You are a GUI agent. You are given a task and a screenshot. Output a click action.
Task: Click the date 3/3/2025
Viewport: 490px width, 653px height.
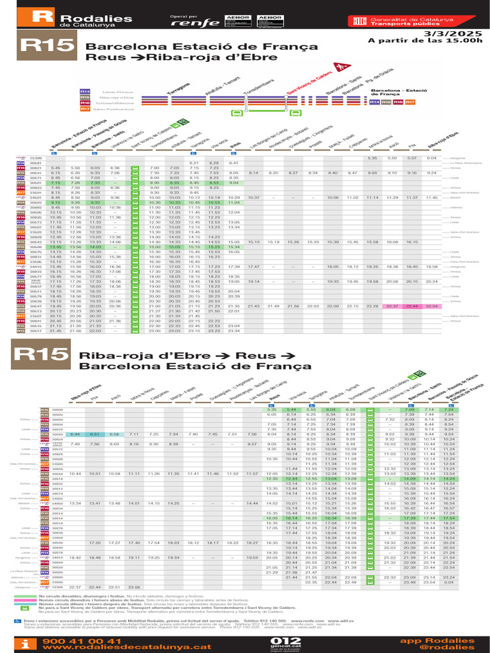tap(456, 33)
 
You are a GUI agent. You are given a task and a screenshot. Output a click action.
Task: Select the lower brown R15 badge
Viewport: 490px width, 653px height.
tap(41, 353)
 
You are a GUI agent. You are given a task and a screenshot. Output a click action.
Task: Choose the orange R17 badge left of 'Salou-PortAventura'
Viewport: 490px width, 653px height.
tap(85, 109)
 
